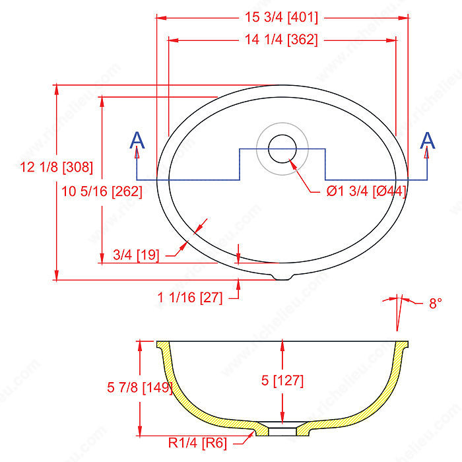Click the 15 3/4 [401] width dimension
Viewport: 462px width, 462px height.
(281, 17)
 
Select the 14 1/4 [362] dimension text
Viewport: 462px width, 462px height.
(281, 40)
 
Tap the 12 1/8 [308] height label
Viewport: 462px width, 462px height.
(56, 167)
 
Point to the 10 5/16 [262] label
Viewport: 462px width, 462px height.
(102, 191)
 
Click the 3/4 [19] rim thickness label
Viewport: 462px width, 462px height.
(136, 255)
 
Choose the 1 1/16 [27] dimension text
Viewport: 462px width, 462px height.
(190, 297)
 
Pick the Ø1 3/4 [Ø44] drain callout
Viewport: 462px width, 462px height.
(366, 191)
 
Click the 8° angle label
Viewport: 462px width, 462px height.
(436, 303)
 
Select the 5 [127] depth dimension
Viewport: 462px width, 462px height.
(282, 380)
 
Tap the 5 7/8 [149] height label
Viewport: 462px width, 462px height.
(140, 387)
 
